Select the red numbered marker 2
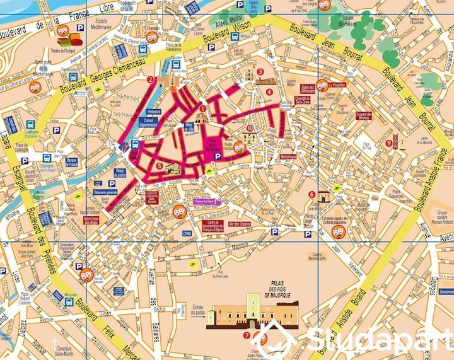(x=150, y=80)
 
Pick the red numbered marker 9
(x=388, y=142)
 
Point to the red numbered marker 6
(x=312, y=194)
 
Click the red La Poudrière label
(x=338, y=84)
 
